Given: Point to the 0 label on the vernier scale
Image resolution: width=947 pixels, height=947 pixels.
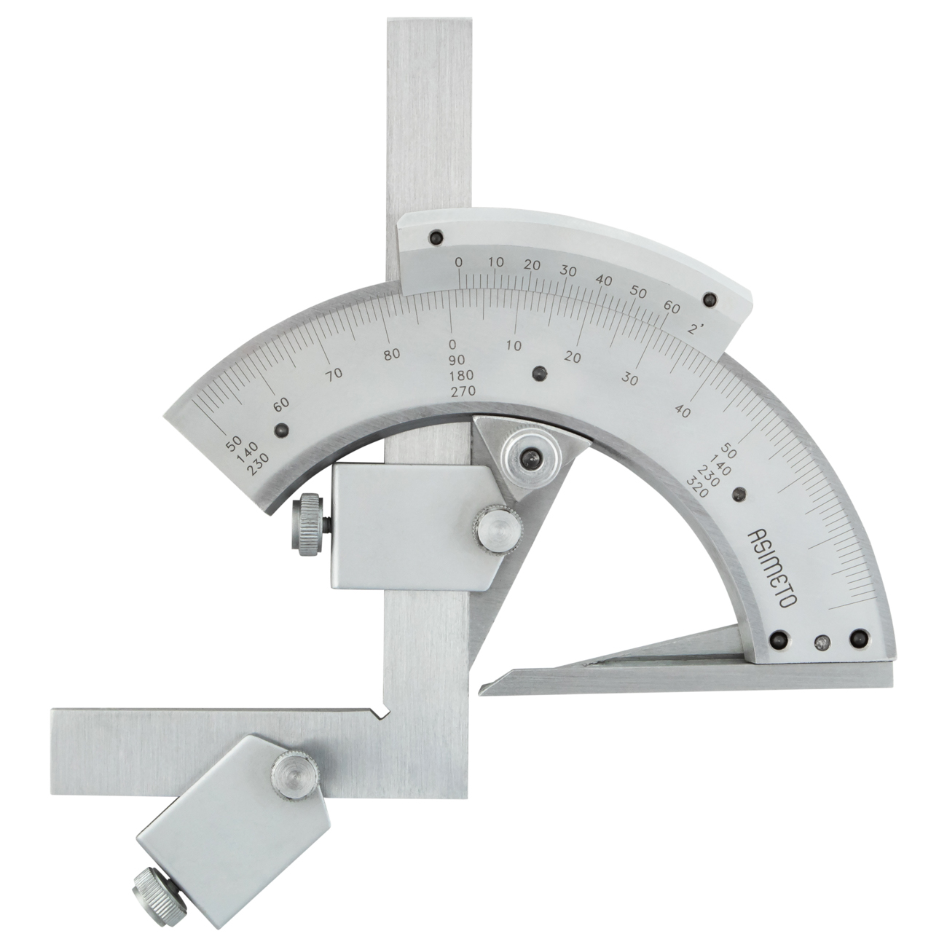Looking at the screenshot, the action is coord(458,263).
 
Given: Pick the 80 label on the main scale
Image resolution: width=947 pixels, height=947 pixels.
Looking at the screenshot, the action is coord(392,354).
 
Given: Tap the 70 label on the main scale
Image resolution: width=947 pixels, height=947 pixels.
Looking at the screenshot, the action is coord(334,374).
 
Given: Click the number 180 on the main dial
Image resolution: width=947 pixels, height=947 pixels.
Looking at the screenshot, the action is coord(462,375).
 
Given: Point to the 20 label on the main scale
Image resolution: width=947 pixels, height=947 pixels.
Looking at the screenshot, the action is coord(573,357).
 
